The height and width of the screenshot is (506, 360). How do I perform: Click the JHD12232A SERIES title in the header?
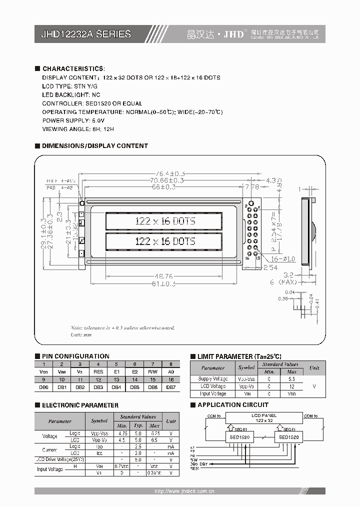(85, 34)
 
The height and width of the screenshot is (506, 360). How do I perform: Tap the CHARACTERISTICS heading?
(73, 68)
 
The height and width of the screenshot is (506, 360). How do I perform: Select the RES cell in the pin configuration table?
(98, 372)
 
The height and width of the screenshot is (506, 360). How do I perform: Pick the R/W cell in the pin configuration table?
(153, 372)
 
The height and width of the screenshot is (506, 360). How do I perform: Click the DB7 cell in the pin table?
(171, 387)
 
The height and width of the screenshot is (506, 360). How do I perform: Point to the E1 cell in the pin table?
(116, 372)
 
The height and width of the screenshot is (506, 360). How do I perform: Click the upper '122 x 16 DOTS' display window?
(163, 220)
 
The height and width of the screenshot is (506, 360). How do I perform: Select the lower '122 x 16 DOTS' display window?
(163, 241)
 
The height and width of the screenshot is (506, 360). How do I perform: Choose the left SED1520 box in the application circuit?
(239, 437)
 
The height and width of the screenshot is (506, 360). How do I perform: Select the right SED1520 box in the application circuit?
(288, 437)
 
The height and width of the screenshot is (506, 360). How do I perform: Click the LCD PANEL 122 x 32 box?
(264, 418)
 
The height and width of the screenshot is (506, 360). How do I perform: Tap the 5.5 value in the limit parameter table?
(292, 379)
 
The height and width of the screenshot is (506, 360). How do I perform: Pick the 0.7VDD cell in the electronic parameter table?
(121, 466)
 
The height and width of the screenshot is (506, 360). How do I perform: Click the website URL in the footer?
(184, 491)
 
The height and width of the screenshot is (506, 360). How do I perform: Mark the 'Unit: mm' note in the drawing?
(81, 334)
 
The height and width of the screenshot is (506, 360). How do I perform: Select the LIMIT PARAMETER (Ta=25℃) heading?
(239, 356)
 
